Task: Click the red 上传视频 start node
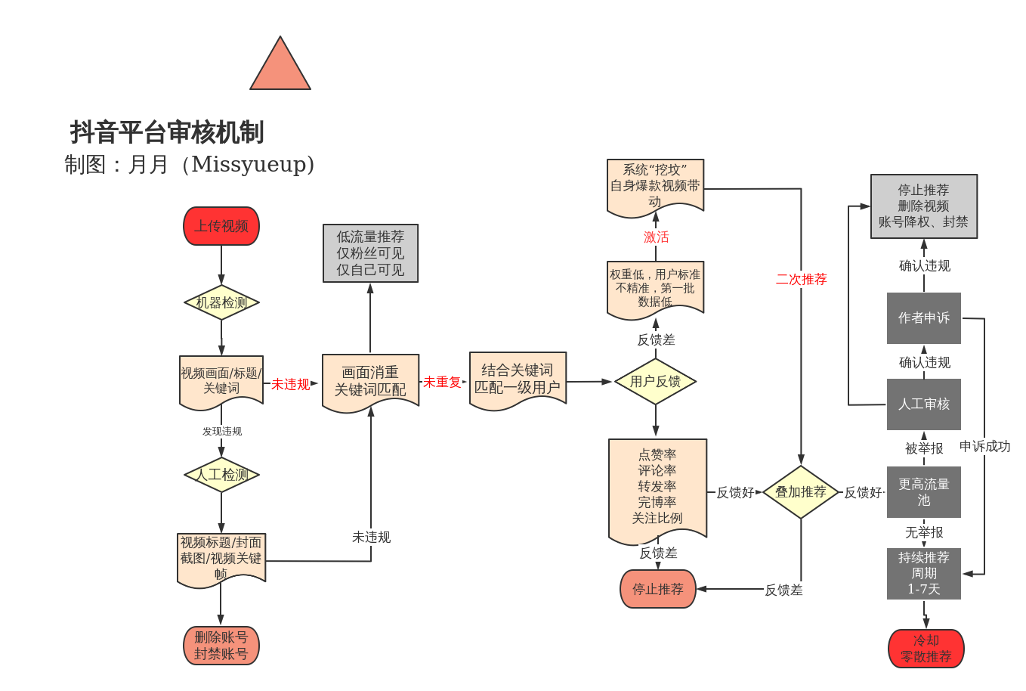221,226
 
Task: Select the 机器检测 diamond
221,302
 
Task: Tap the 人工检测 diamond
221,475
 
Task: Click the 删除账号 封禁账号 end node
221,646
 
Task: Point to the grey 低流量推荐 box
370,253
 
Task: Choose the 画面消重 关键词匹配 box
370,381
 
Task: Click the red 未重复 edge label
442,383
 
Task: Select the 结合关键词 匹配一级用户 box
518,379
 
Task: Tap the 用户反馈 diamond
655,382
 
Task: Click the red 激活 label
656,237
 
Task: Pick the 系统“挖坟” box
655,185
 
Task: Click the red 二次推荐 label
802,280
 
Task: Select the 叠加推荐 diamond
801,492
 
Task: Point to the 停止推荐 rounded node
657,589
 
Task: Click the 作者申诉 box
923,318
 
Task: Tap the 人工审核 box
923,404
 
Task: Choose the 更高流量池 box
923,492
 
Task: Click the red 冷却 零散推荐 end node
926,649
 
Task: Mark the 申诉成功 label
984,447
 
